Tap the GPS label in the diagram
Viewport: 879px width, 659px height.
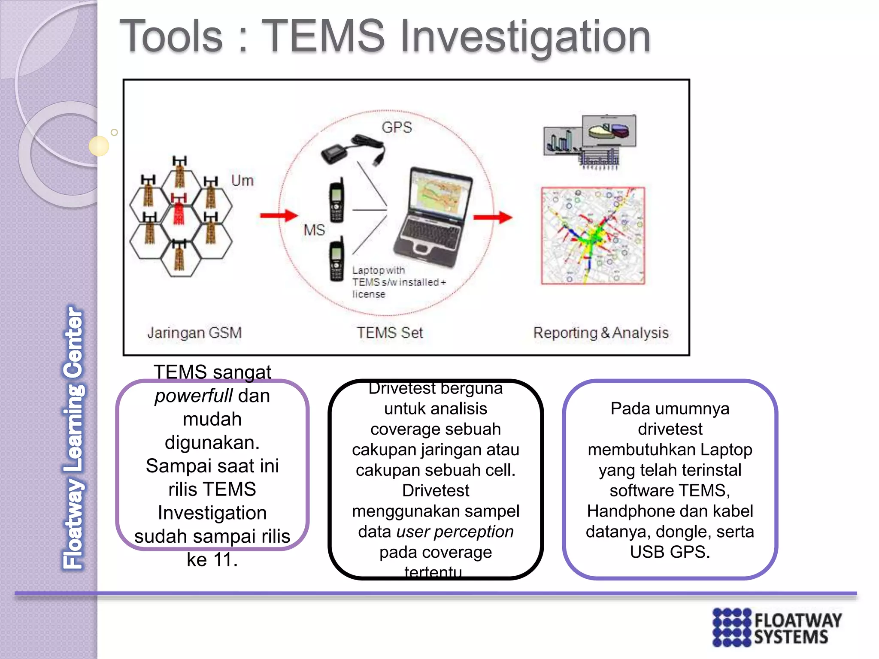[x=397, y=127]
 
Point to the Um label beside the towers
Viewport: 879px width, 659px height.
[x=242, y=181]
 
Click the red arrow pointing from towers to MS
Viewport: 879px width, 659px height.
[x=279, y=215]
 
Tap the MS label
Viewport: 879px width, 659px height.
[x=314, y=230]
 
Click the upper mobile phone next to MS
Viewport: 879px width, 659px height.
[x=336, y=200]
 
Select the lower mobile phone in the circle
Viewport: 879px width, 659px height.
[x=336, y=259]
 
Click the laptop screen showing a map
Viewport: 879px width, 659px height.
[x=439, y=196]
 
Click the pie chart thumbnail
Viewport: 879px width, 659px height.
[x=609, y=130]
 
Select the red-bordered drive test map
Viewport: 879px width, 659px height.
[x=593, y=236]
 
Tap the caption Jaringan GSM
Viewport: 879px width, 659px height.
[x=194, y=333]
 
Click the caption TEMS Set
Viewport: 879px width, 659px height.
[x=390, y=333]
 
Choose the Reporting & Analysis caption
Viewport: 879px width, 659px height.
[x=600, y=333]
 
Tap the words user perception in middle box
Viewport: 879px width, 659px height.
[x=455, y=532]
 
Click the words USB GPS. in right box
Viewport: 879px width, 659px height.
[x=670, y=552]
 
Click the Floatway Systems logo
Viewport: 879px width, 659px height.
[x=777, y=627]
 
